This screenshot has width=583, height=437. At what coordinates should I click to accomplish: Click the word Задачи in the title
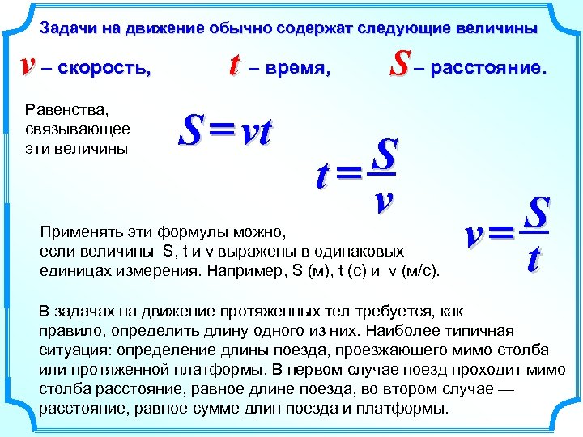66,28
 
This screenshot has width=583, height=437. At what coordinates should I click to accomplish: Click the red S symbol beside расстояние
398,65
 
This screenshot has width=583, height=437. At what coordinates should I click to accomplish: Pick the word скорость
105,69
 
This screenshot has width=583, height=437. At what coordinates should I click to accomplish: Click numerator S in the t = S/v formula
386,151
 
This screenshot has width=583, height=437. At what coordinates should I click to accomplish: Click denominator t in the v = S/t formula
534,258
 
